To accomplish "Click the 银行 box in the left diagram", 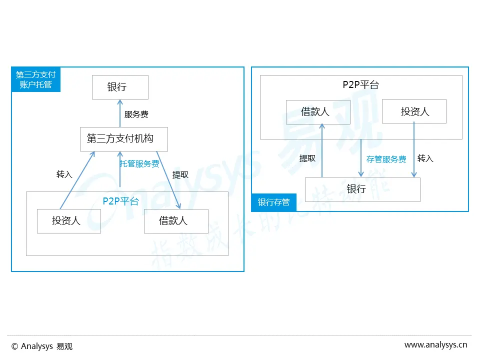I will click(120, 87).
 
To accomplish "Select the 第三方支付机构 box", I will click(123, 139).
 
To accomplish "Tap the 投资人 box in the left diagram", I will click(69, 220).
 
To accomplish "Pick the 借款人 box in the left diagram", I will click(176, 220).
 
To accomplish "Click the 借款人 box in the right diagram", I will click(318, 111).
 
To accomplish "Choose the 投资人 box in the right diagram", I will click(414, 111).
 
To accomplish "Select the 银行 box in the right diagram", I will click(362, 189).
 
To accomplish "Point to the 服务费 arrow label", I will click(136, 114).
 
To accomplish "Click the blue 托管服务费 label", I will click(139, 163).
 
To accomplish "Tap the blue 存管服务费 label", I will click(386, 159).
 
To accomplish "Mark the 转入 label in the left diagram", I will click(64, 174).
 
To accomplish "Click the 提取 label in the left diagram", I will click(180, 174).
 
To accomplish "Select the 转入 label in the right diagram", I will click(425, 158).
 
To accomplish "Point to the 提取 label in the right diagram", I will click(307, 158).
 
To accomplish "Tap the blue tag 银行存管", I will click(273, 202).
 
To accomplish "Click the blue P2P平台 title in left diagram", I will click(121, 201).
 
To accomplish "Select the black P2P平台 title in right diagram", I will click(361, 84).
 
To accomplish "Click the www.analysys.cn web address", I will click(435, 344).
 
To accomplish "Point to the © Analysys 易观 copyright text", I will click(42, 346).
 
